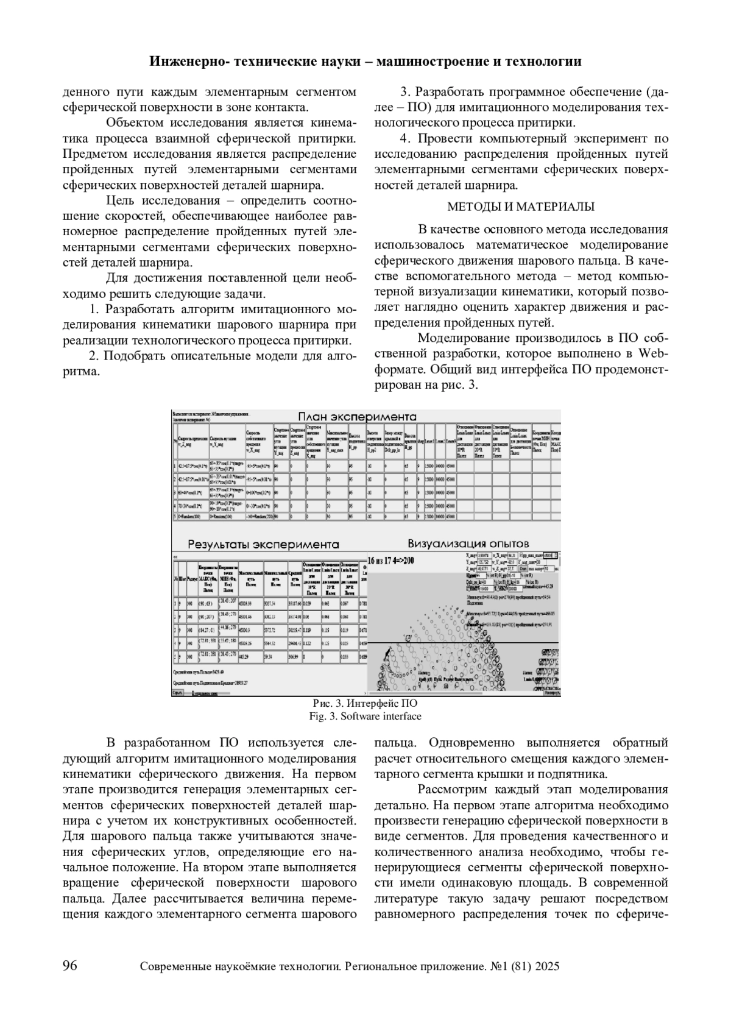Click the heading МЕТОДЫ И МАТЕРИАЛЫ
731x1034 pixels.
click(x=521, y=207)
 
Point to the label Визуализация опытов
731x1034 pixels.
click(x=468, y=543)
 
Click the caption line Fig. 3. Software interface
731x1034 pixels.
click(x=365, y=716)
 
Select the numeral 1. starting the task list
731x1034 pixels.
click(x=94, y=308)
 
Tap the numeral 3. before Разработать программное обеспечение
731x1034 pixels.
click(x=404, y=92)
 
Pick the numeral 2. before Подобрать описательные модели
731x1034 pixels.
click(x=94, y=355)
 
